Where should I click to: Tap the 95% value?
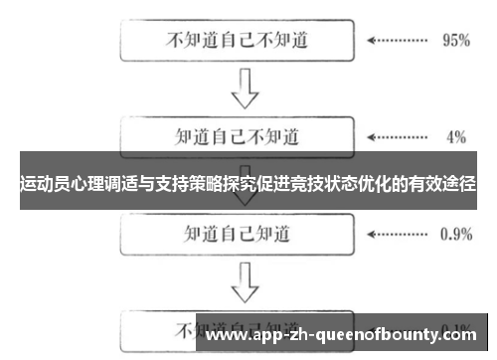pos(454,42)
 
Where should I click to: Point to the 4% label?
pos(456,137)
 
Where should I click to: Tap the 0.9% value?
pos(455,235)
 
